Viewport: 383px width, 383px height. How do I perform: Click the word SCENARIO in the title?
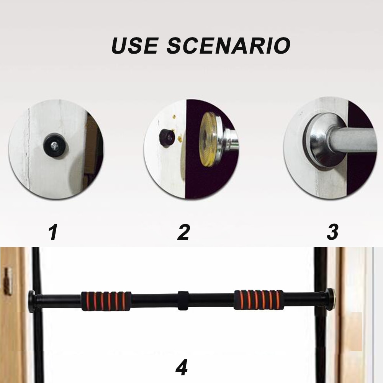coord(228,46)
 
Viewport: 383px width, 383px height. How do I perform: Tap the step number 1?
coord(53,232)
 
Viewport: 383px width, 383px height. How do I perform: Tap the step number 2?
coord(183,232)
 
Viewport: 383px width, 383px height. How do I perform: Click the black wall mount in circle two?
coord(166,137)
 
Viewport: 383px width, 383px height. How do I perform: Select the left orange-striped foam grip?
coord(106,301)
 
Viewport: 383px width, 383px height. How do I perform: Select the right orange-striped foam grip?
coord(259,299)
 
